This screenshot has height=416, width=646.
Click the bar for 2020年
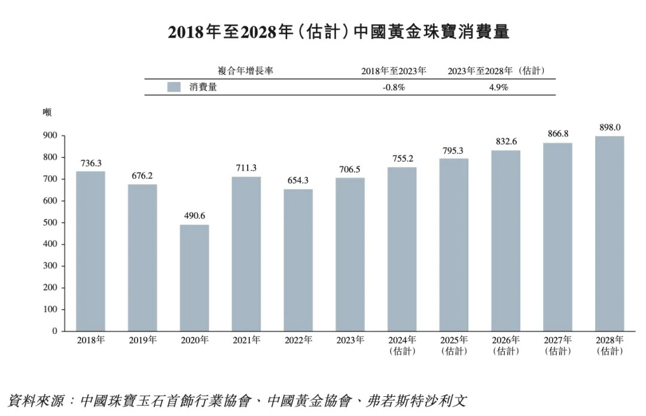[194, 278]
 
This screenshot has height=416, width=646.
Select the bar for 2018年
[90, 251]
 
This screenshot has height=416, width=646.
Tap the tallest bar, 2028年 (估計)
[610, 233]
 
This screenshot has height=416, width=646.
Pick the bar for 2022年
[298, 260]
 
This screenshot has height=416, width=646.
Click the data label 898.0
[610, 127]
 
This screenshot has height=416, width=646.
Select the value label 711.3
[246, 168]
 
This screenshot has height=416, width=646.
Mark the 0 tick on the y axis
[54, 331]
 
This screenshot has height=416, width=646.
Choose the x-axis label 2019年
[142, 341]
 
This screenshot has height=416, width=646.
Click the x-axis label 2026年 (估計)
[506, 345]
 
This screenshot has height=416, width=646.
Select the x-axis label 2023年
[350, 341]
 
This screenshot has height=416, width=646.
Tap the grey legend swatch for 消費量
[174, 87]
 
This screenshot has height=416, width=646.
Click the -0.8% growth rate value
[394, 87]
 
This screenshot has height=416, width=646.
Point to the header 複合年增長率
[246, 71]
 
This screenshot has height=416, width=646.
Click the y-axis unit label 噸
[47, 112]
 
